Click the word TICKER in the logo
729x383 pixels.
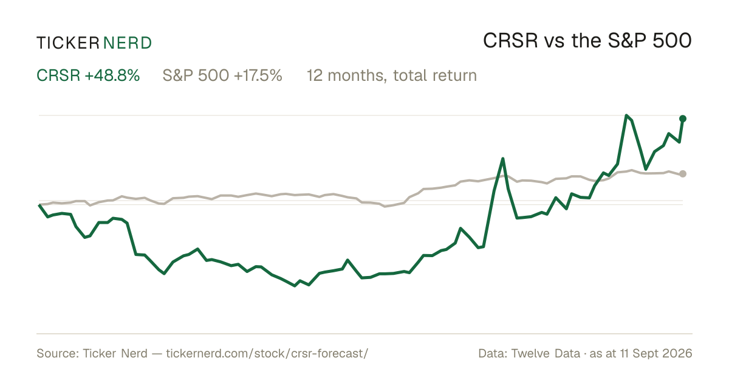click(x=67, y=43)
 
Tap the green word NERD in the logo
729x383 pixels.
click(x=128, y=43)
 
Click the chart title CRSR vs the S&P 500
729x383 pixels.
click(x=587, y=41)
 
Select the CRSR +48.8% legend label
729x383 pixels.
click(x=88, y=75)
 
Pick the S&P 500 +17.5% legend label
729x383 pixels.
click(x=222, y=75)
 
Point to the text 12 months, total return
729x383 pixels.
click(x=392, y=75)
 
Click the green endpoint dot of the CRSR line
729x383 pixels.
click(x=683, y=119)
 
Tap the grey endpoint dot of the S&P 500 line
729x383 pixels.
click(x=683, y=174)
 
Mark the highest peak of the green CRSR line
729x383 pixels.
click(x=626, y=116)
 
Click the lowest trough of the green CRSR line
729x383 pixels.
click(x=295, y=286)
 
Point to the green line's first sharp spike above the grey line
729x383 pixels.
click(x=503, y=159)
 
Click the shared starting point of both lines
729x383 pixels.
click(x=39, y=204)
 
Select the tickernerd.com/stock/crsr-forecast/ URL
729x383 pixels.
click(x=267, y=353)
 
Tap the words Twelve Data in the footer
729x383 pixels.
click(x=546, y=353)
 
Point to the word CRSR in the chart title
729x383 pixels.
click(x=510, y=41)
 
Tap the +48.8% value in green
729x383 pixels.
click(x=112, y=75)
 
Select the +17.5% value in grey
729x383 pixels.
click(x=258, y=75)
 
